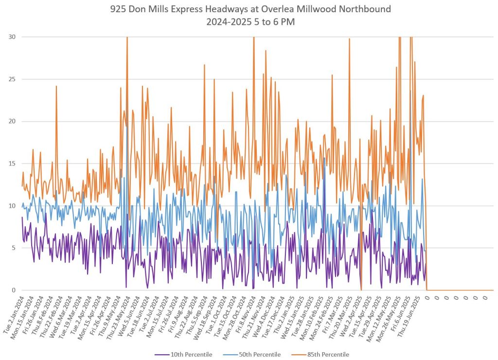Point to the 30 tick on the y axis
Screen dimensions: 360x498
pyautogui.click(x=11, y=37)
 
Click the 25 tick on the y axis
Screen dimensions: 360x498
pyautogui.click(x=11, y=79)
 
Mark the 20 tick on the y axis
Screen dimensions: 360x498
pyautogui.click(x=11, y=122)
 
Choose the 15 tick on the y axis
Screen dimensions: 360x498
pyautogui.click(x=11, y=163)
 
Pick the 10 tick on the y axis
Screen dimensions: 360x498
pyautogui.click(x=11, y=206)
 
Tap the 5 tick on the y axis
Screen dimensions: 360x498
pyautogui.click(x=13, y=248)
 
